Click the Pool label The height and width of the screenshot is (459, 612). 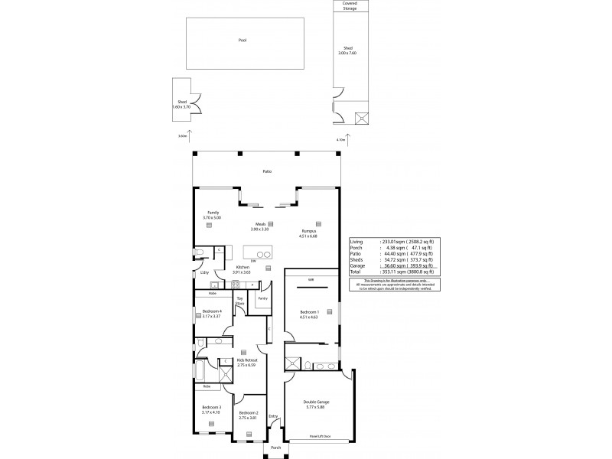pos(243,40)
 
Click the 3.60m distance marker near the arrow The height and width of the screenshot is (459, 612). pos(182,135)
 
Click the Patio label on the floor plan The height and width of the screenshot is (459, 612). pos(267,171)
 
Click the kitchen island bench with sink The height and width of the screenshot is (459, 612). pos(258,254)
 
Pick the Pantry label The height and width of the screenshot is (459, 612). pos(262,298)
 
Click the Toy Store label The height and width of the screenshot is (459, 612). pos(239,301)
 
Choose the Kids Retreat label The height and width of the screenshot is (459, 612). pos(246,359)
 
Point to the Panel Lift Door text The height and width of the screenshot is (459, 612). pos(320,436)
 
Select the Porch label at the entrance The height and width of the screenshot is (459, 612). pos(275,448)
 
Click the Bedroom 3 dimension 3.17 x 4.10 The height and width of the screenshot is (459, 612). pos(211,412)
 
